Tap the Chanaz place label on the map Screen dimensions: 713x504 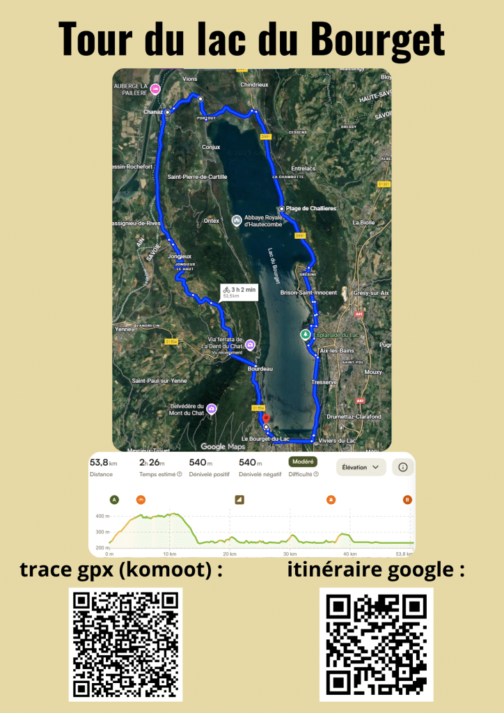click(152, 111)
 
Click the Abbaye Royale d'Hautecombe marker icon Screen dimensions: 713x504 click(236, 221)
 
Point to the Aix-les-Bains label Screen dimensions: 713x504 click(333, 350)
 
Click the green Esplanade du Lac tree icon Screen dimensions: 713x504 click(305, 335)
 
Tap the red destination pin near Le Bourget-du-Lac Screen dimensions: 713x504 click(266, 419)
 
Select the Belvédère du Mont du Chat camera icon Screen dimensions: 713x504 click(210, 409)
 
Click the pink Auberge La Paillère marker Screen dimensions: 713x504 click(156, 88)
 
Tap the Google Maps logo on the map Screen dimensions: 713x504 click(223, 446)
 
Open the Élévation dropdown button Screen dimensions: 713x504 click(361, 467)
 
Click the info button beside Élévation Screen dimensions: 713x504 click(402, 467)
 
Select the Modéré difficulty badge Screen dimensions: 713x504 click(303, 462)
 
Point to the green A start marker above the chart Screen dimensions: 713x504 click(114, 499)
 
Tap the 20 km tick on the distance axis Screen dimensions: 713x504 click(228, 554)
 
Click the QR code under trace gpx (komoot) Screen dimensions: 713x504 click(125, 644)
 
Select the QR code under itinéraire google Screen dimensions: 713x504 click(376, 644)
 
